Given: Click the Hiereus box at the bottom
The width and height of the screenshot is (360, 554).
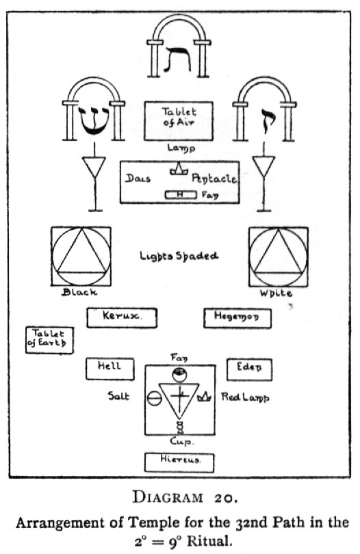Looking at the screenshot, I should (x=179, y=462).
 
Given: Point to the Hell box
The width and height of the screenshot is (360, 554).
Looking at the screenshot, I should (x=109, y=367).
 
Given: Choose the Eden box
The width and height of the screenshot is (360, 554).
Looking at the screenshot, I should (x=249, y=368).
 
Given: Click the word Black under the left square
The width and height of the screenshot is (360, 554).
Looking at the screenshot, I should (x=80, y=292).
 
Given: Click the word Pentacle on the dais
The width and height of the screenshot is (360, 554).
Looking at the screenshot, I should (x=214, y=179).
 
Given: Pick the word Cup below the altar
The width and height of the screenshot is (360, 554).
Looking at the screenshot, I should (x=180, y=443).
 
